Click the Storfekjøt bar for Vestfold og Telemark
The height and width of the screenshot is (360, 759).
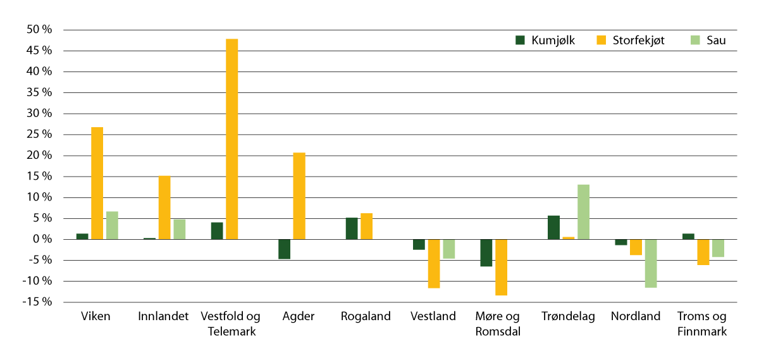point(231,139)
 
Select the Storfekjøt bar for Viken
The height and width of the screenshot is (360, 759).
point(97,183)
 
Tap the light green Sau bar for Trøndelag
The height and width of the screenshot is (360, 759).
point(583,212)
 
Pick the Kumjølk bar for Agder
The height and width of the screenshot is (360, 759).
point(284,249)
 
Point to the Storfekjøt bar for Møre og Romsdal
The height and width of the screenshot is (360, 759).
point(501,267)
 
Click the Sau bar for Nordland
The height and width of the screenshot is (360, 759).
point(650,263)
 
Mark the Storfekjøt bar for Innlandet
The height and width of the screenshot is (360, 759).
point(164,208)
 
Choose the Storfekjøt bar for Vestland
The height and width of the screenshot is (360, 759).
point(434,264)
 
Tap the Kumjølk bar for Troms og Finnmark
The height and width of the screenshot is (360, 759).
point(688,237)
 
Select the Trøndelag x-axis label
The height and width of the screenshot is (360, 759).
point(568,317)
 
